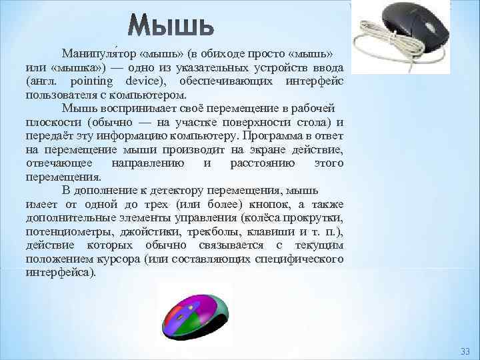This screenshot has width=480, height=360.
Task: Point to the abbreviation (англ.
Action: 41,81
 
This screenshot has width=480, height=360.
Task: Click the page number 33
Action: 465,351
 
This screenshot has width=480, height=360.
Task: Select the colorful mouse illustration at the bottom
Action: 195,312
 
